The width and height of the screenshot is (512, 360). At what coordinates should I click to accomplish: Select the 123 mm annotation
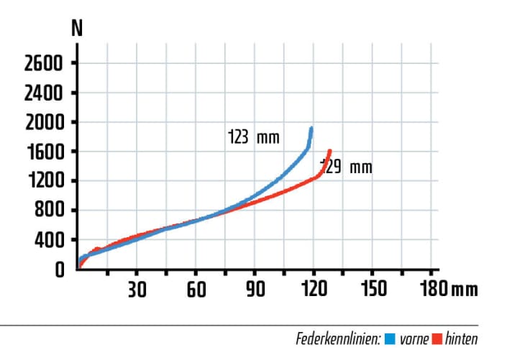tap(252, 137)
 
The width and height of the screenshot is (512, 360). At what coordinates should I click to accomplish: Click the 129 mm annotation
tap(346, 167)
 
